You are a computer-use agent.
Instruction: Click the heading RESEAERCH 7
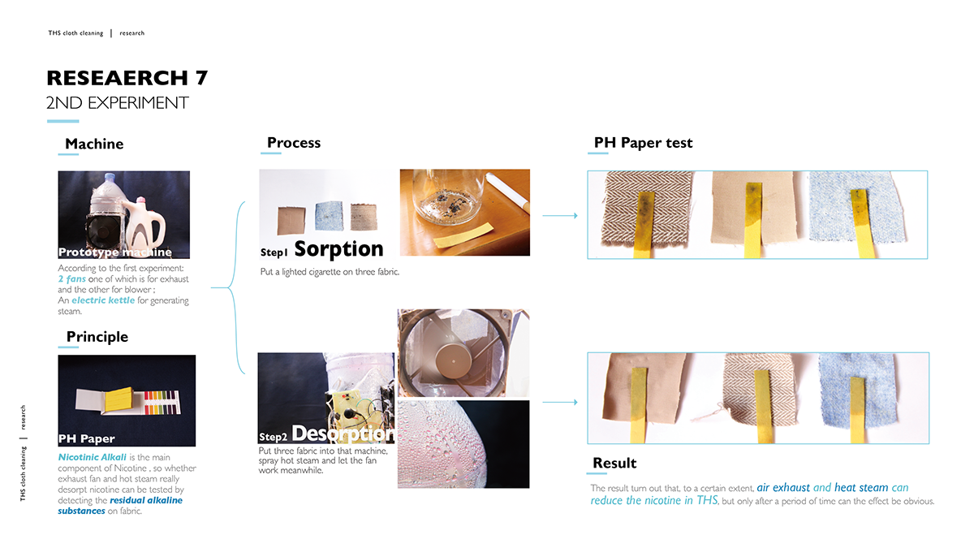point(127,78)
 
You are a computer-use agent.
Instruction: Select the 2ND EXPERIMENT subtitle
point(118,103)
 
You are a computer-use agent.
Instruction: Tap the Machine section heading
point(94,144)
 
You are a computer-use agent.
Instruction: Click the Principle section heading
point(97,336)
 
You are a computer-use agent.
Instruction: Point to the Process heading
point(294,143)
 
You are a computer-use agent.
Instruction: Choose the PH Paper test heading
point(644,143)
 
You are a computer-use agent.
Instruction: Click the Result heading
point(614,463)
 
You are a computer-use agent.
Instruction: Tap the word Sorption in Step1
point(338,248)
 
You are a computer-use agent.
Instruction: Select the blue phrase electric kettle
point(104,301)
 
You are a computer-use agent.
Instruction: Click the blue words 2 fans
point(72,278)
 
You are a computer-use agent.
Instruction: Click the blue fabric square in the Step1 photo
point(328,216)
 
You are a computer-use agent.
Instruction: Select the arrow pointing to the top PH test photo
point(559,216)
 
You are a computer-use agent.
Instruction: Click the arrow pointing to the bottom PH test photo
point(559,402)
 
